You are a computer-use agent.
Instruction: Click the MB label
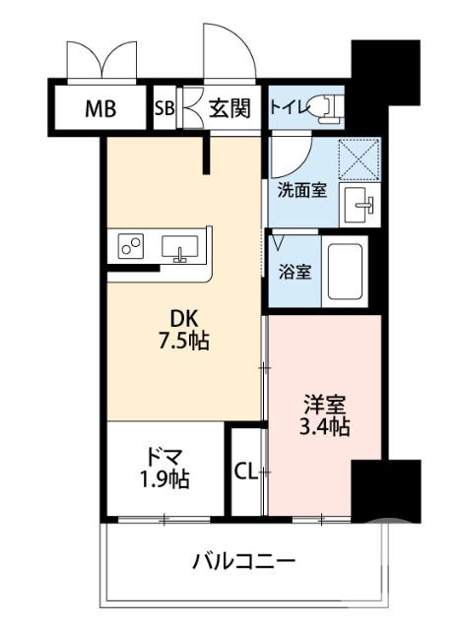point(99,108)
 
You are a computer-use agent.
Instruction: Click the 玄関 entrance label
point(229,108)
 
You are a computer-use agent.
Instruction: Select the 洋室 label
point(323,405)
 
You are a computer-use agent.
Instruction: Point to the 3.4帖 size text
point(323,428)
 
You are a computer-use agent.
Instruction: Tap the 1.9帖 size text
point(164,481)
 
